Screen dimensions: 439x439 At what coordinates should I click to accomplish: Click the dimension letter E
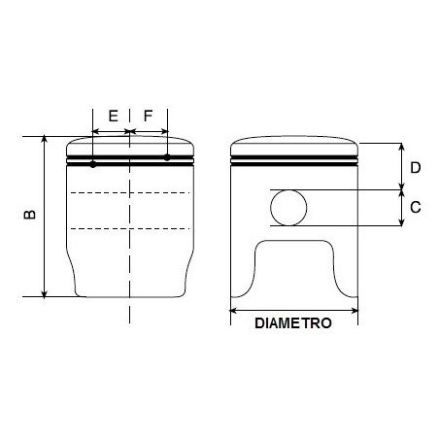(113, 116)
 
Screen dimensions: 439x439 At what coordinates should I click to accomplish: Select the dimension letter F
(148, 116)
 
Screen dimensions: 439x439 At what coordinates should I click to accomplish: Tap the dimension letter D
(415, 167)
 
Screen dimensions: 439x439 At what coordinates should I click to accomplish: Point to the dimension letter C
(415, 207)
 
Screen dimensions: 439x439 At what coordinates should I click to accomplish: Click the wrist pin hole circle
(288, 208)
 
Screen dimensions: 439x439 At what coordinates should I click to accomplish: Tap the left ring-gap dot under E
(92, 163)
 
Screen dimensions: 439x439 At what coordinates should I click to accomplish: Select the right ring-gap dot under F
(167, 156)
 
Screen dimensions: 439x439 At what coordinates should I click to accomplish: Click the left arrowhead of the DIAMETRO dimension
(232, 311)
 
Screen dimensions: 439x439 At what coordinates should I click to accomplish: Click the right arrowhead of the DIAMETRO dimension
(355, 311)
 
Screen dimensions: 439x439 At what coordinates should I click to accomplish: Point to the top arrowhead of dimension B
(45, 140)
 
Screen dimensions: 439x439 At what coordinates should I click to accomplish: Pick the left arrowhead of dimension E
(94, 132)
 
